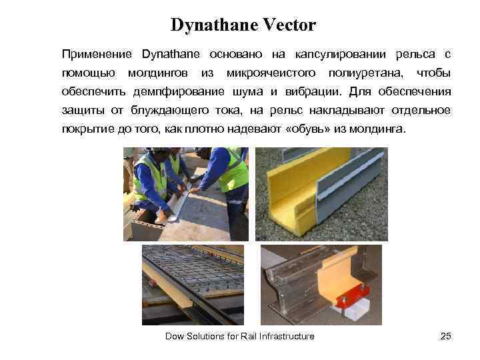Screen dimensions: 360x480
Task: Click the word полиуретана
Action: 364,72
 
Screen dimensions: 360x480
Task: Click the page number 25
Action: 446,336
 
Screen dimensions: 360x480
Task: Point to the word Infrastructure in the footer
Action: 286,336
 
